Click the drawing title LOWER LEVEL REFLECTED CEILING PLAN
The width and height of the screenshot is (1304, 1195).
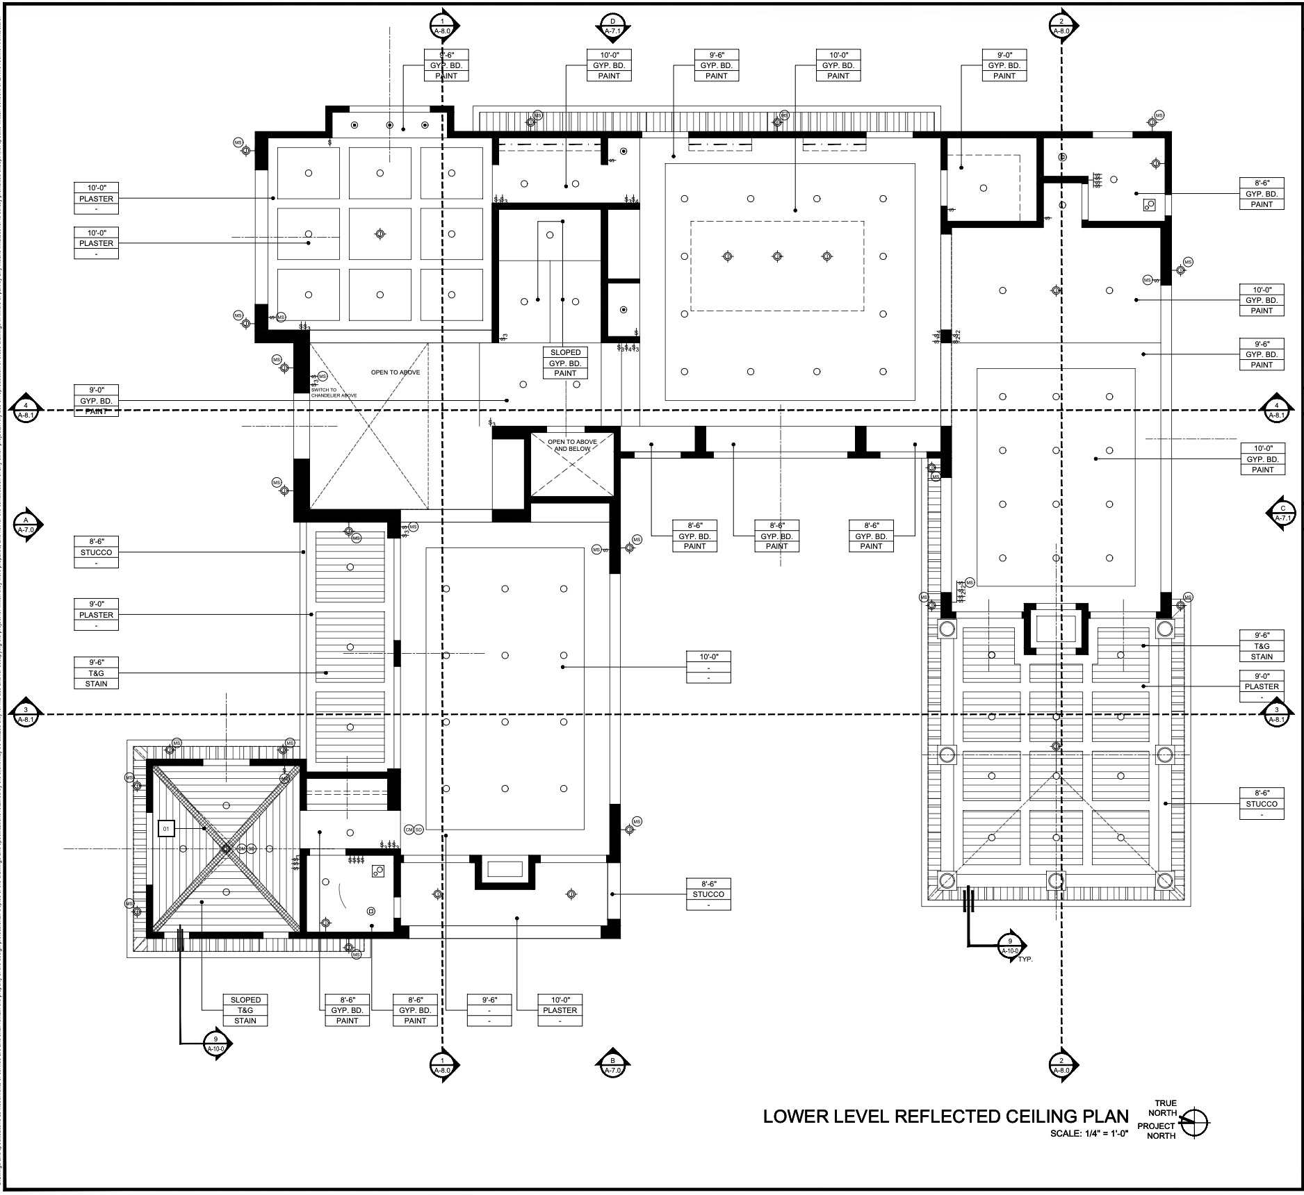pos(945,1116)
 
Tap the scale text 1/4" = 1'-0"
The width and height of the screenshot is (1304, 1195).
pos(1089,1133)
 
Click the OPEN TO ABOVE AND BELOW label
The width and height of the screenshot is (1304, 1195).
pos(571,445)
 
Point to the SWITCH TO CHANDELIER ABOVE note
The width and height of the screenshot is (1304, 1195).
pos(334,393)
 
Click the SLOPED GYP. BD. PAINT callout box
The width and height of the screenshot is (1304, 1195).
pos(565,363)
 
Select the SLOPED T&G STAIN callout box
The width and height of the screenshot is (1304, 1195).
pos(245,1010)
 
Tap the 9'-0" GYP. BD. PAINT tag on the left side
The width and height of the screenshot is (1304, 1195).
pos(96,401)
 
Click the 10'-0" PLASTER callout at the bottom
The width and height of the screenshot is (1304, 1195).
pos(560,1010)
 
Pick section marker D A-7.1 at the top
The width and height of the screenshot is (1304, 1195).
pos(612,26)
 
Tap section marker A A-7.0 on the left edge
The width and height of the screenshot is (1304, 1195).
pos(26,525)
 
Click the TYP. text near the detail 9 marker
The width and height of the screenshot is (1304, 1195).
pos(1025,959)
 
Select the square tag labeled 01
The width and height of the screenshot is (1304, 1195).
pos(166,829)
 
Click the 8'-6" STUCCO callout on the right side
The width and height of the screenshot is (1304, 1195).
pos(1262,804)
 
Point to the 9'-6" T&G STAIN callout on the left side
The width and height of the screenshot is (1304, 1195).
pos(96,673)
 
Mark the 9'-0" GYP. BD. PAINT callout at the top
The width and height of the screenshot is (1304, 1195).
pos(1004,65)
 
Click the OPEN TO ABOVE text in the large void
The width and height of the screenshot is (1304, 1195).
pos(395,372)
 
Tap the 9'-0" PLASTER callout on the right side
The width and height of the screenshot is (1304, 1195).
pos(1262,686)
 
